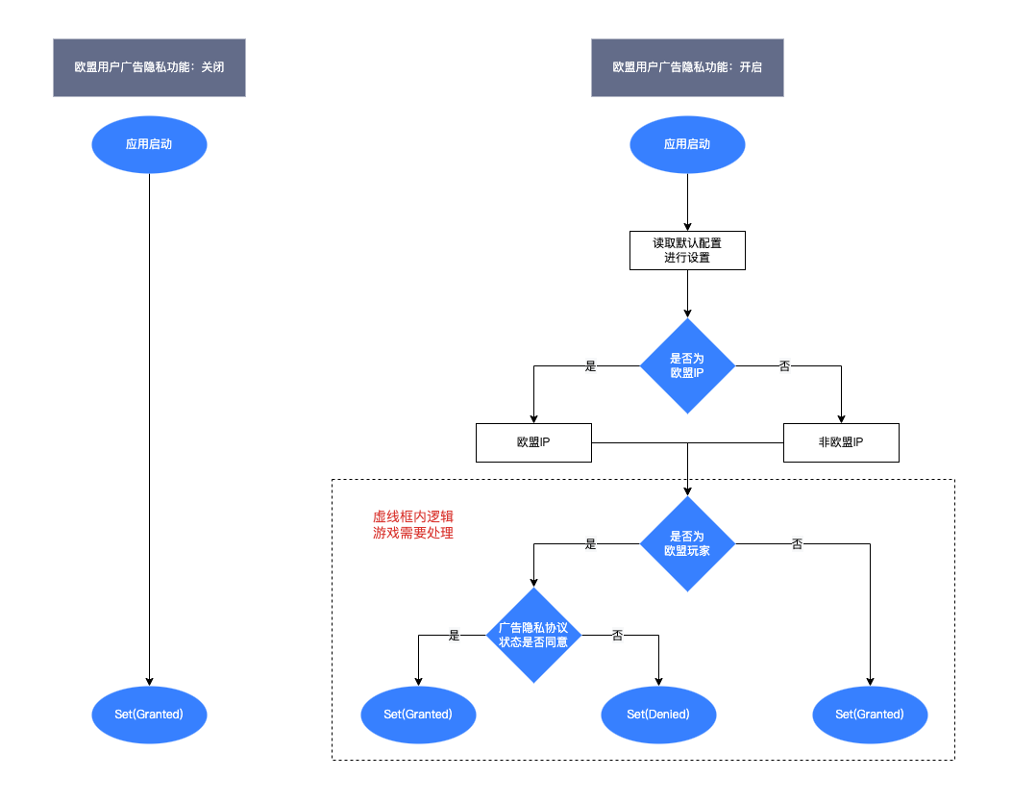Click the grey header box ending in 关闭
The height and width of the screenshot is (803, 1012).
pos(149,68)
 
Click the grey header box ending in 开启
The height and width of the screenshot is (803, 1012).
pos(687,68)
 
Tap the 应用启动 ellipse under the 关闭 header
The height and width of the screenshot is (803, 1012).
pos(149,144)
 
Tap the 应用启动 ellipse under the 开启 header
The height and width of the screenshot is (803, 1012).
pos(687,144)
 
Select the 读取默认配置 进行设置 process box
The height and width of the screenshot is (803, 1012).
pos(687,250)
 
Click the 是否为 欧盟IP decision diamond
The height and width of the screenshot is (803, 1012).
pos(687,365)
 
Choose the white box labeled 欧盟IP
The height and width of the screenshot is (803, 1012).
pos(533,442)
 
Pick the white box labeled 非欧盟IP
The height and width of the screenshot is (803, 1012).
pos(841,442)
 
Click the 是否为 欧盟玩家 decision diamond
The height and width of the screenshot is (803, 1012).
pos(687,544)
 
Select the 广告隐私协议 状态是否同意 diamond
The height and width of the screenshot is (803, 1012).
pos(533,635)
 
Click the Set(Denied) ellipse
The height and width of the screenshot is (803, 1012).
pos(658,715)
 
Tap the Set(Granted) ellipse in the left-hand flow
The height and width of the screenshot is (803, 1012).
pos(149,715)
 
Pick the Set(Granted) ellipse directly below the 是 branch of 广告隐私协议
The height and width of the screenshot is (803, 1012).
pos(418,715)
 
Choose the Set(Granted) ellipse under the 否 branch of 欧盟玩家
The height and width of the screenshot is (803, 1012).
pos(870,715)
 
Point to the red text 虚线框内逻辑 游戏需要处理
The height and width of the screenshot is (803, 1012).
pos(413,524)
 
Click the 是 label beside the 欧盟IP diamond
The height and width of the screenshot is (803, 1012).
pos(591,366)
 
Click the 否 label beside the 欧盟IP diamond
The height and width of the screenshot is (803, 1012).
pos(784,366)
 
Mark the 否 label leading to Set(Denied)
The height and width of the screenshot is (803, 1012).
pos(618,636)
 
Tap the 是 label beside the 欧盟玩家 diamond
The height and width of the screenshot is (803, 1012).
pos(591,544)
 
